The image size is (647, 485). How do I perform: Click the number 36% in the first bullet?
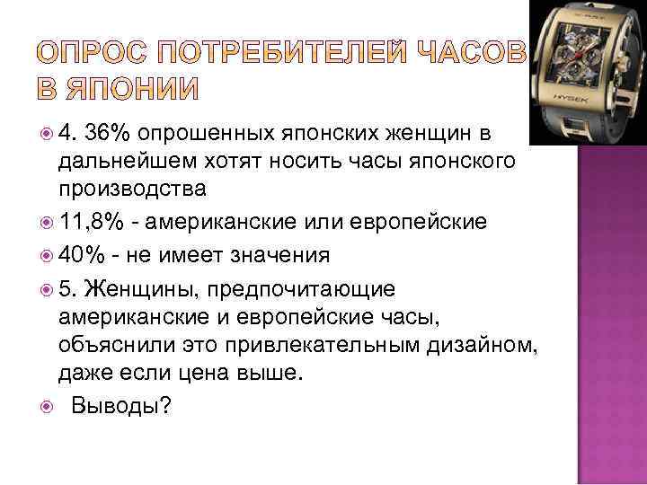(108, 135)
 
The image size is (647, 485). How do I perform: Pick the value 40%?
(83, 256)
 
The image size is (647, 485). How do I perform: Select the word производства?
(133, 190)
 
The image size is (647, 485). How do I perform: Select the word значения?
(278, 256)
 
